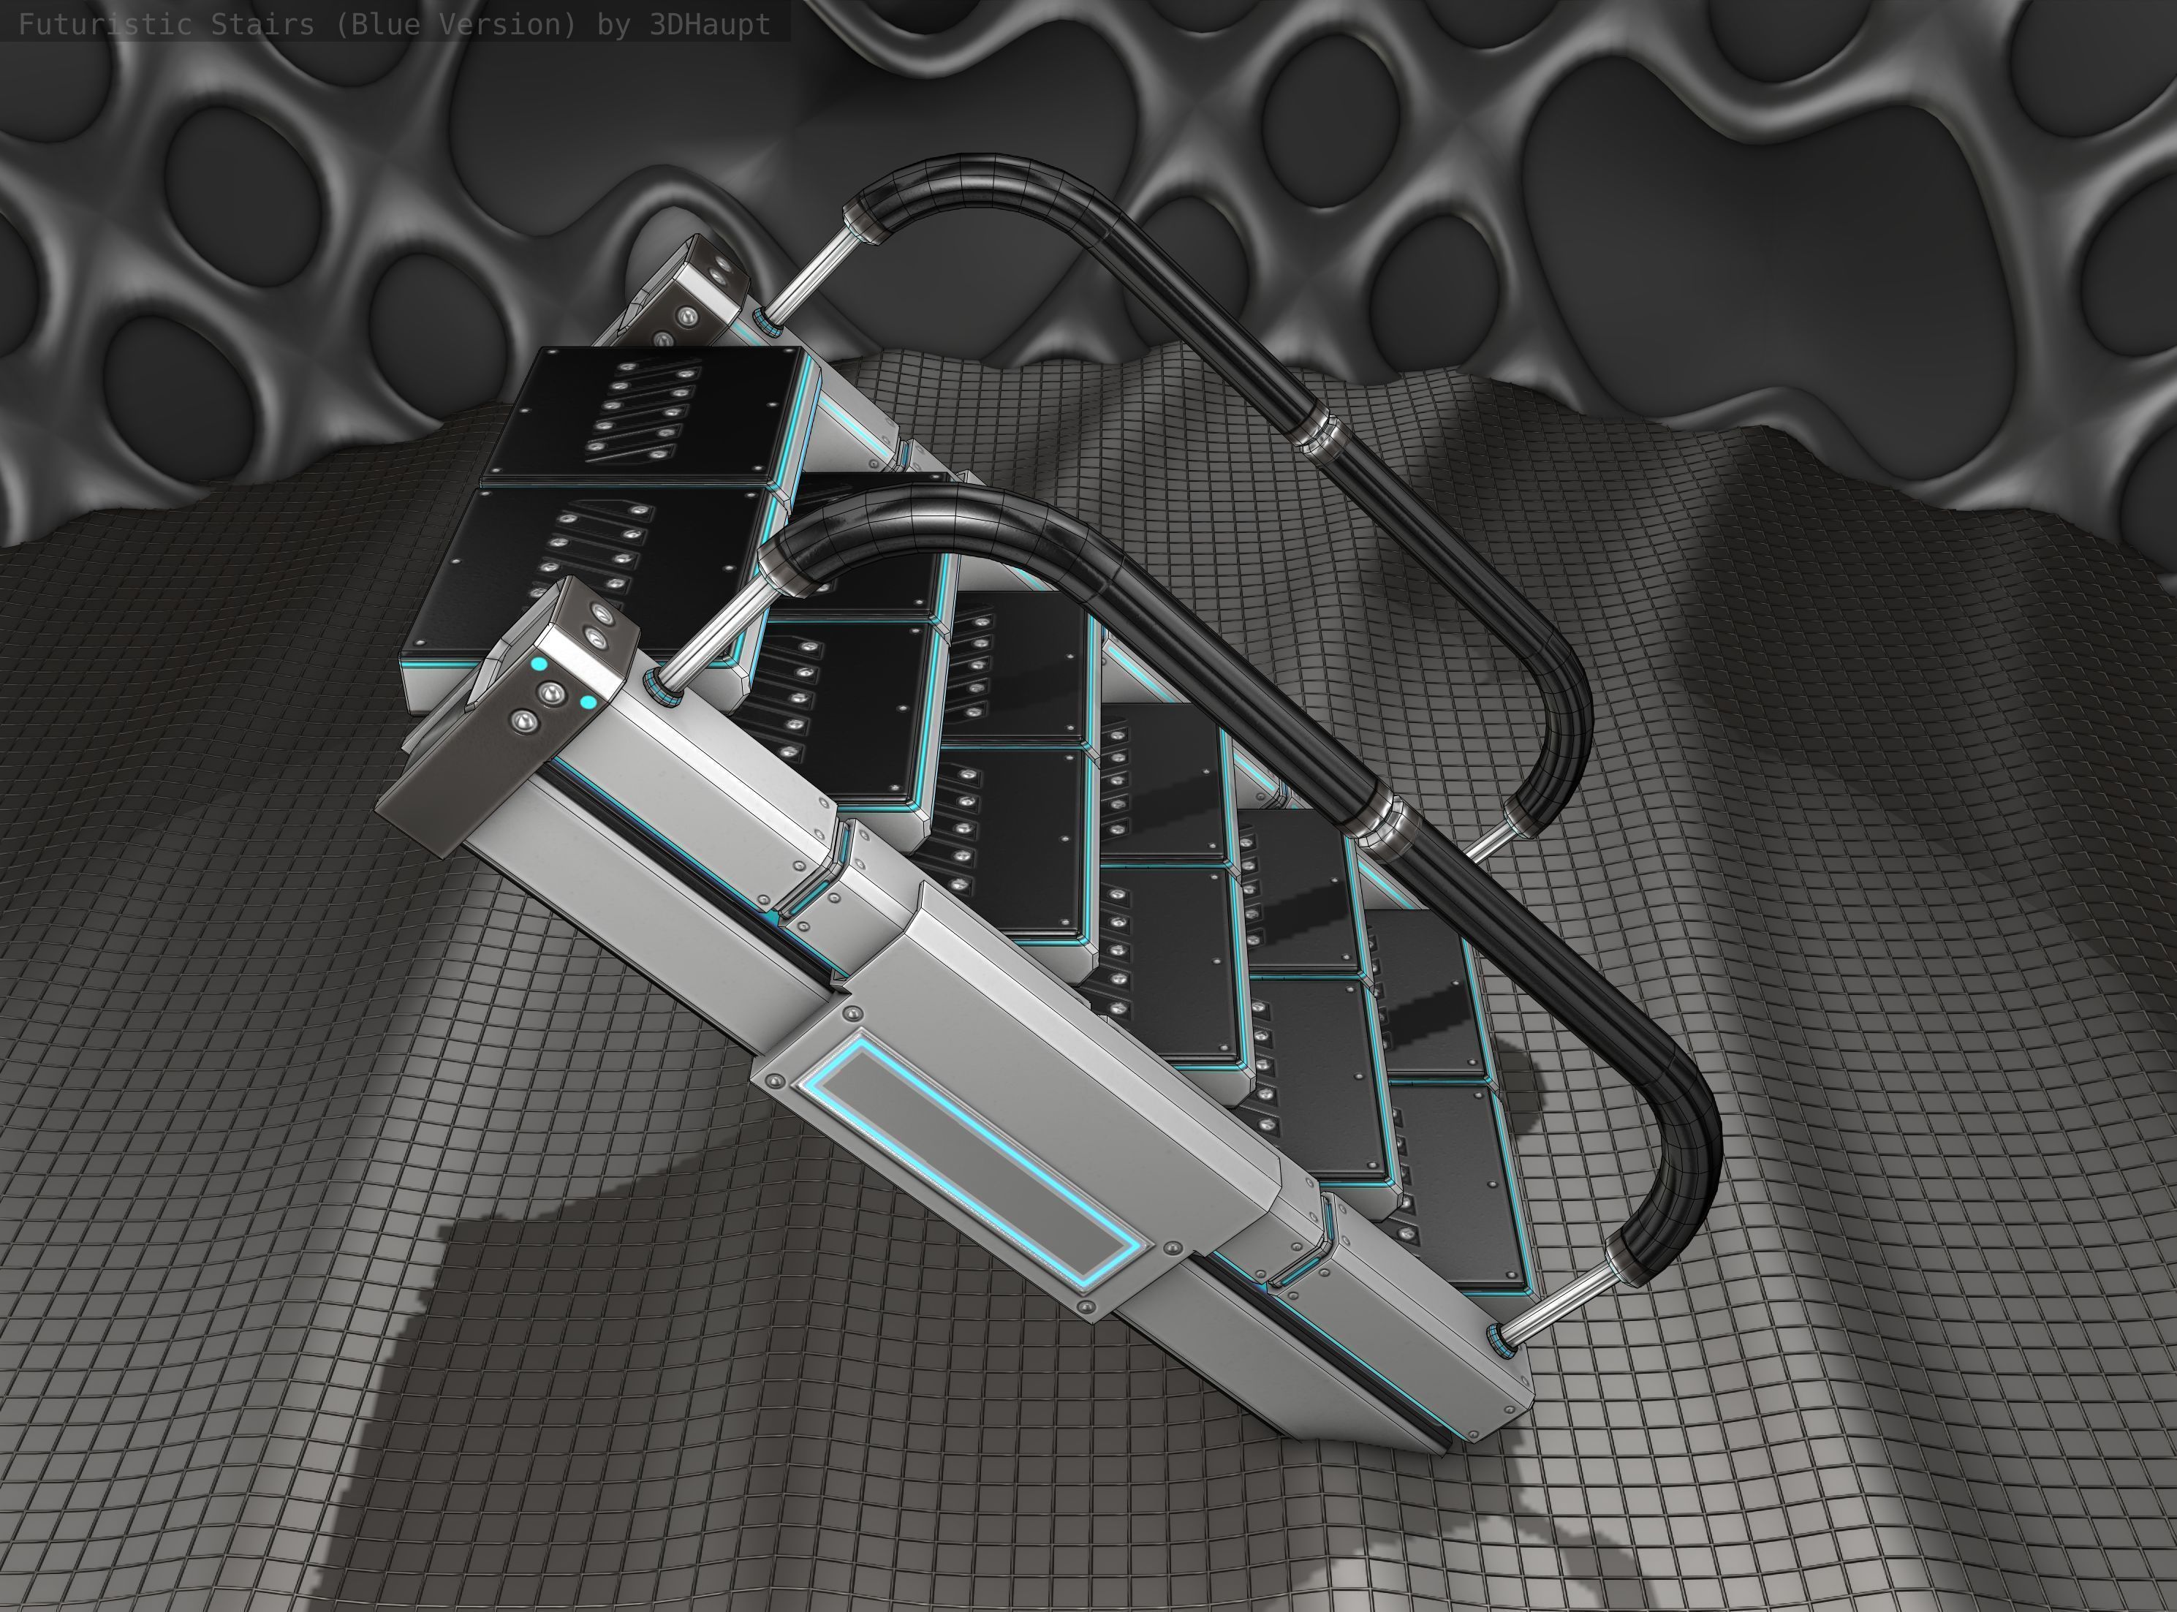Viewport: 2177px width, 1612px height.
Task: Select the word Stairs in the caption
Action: point(262,23)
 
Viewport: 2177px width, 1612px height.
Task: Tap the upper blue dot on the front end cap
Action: point(539,664)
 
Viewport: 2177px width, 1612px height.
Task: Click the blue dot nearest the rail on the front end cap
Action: point(588,702)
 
